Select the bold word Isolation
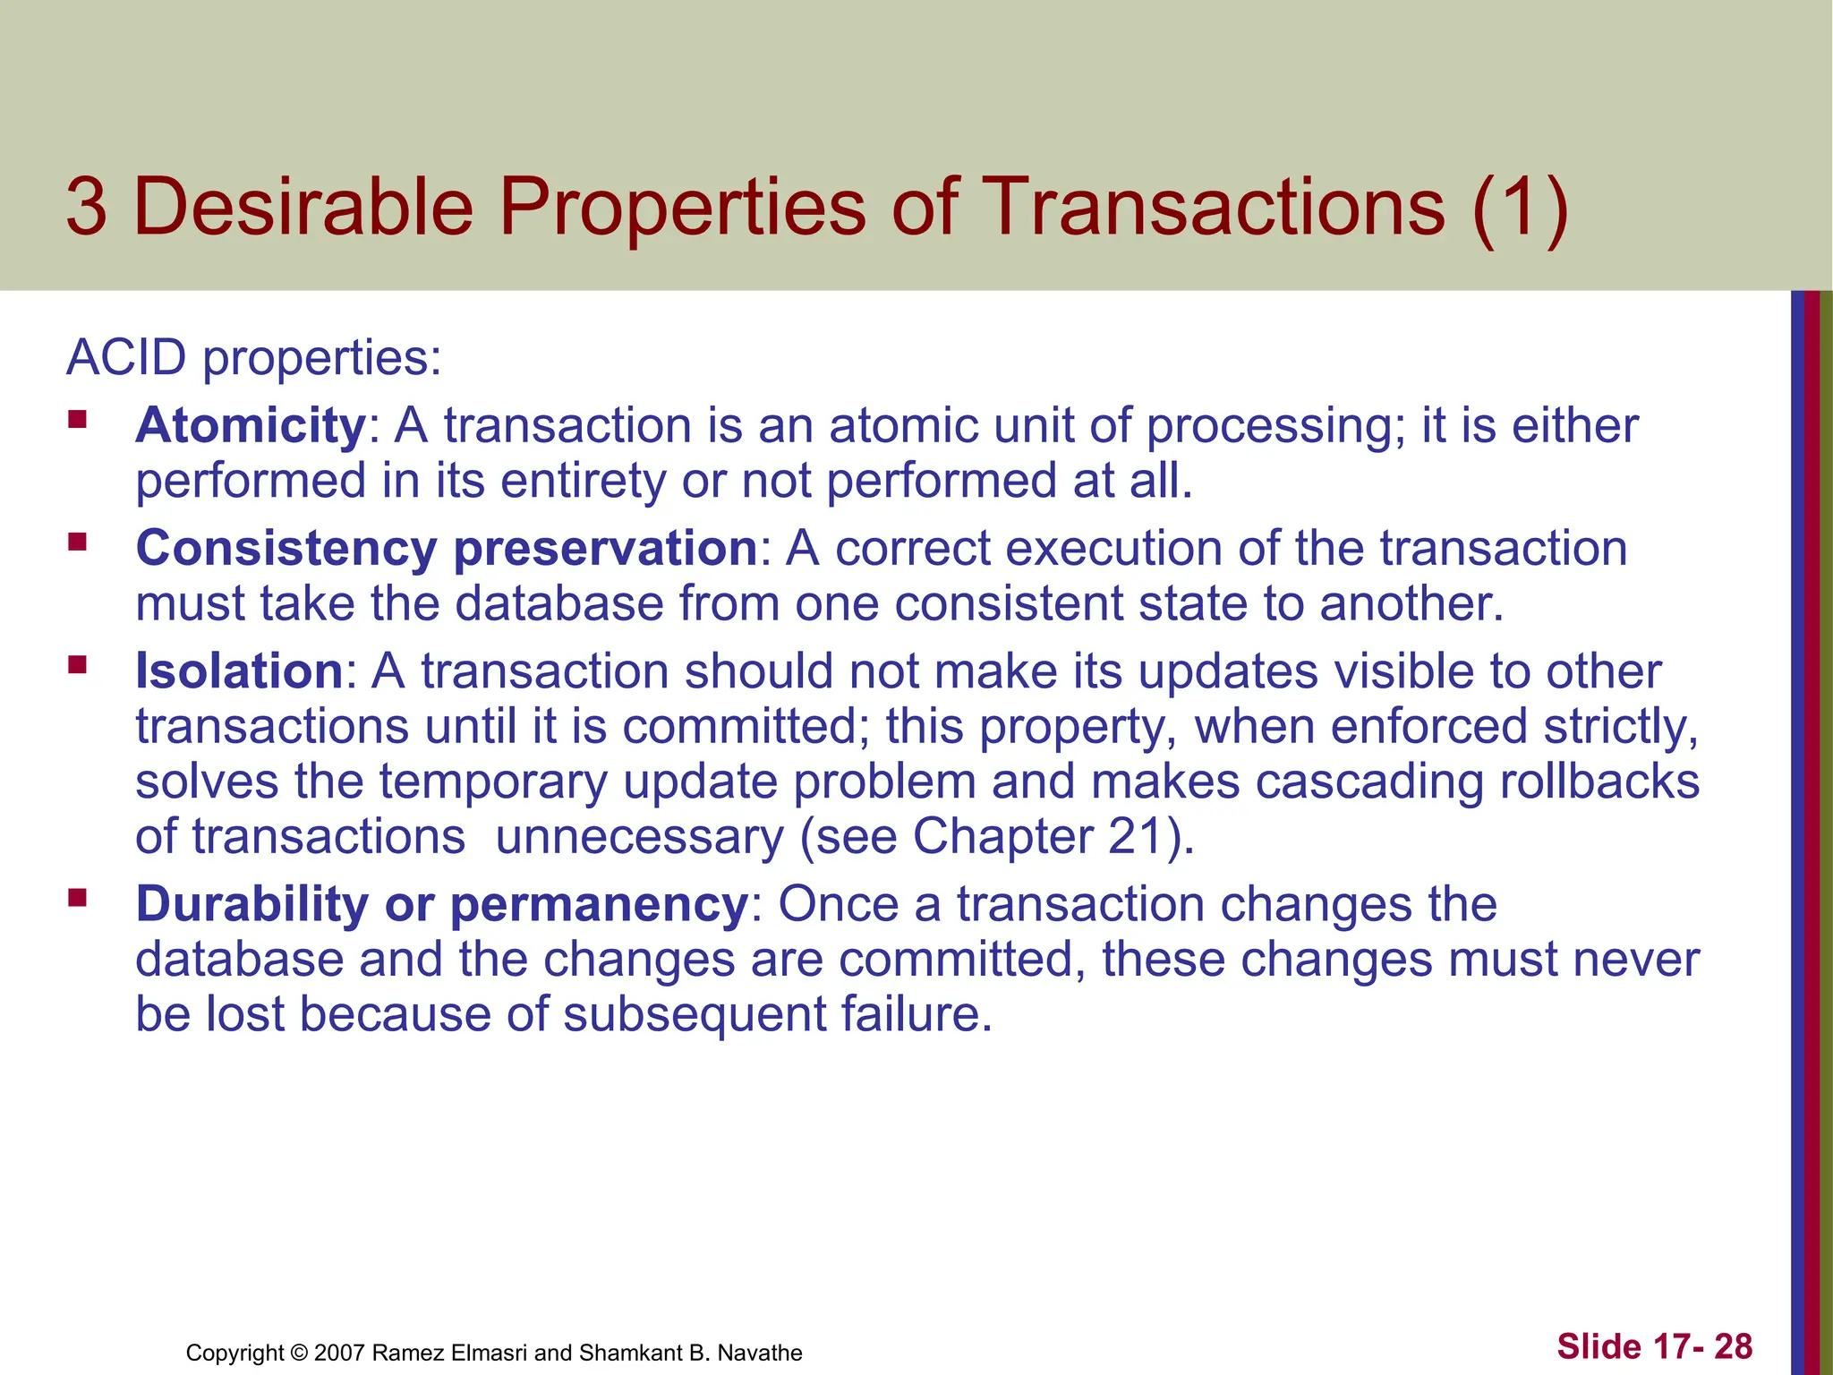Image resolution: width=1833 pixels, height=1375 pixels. pyautogui.click(x=239, y=671)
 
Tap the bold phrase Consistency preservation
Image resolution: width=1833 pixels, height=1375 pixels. pyautogui.click(x=447, y=549)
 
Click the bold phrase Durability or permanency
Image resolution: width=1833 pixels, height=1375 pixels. pyautogui.click(x=441, y=904)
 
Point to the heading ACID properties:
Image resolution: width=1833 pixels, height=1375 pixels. pyautogui.click(x=254, y=358)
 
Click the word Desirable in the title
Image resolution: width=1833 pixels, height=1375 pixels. pyautogui.click(x=304, y=208)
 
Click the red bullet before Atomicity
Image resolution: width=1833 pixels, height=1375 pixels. pyautogui.click(x=77, y=419)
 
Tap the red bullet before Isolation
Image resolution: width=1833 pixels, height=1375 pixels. pyautogui.click(x=77, y=664)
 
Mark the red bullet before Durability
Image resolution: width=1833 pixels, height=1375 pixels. pyautogui.click(x=77, y=897)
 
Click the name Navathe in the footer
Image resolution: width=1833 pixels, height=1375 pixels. pyautogui.click(x=760, y=1353)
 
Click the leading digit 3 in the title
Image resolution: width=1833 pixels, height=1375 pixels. pyautogui.click(x=87, y=208)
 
